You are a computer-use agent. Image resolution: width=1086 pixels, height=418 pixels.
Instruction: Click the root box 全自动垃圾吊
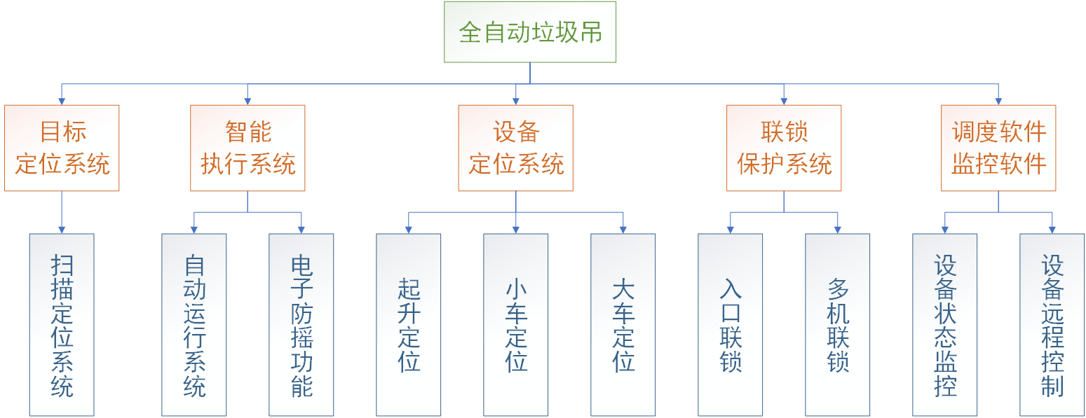point(529,32)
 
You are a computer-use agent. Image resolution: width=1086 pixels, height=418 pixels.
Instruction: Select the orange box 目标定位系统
point(62,148)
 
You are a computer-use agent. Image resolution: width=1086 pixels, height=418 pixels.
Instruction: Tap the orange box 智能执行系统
point(247,148)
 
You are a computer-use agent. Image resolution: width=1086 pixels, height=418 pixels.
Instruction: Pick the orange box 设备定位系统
point(515,148)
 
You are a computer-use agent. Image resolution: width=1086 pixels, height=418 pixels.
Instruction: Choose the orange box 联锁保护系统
point(784,148)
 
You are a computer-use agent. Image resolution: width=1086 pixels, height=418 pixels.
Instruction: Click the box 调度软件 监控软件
point(998,148)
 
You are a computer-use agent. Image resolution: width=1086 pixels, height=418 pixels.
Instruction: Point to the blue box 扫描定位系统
point(62,325)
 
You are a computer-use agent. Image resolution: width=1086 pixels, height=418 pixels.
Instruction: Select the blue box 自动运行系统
point(194,325)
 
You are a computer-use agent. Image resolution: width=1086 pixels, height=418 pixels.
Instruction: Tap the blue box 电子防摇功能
point(301,325)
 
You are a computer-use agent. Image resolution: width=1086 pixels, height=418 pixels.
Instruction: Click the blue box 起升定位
point(409,325)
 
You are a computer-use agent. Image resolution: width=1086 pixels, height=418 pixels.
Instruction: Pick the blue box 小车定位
point(516,325)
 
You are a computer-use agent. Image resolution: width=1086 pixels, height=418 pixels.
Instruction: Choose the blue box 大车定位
point(623,325)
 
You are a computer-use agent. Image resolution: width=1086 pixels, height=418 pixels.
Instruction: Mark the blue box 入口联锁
point(731,325)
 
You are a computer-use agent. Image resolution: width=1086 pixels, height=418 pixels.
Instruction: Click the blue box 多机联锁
point(838,325)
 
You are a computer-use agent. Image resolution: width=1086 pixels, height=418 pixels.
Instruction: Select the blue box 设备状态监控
point(945,325)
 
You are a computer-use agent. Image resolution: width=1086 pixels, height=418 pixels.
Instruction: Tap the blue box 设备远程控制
point(1052,325)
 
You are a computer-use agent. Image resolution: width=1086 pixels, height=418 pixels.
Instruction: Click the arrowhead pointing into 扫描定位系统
point(62,229)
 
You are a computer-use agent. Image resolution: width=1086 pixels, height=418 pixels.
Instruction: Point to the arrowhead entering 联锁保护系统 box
point(784,101)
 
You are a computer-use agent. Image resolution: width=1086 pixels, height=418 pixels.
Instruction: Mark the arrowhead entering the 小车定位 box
point(516,229)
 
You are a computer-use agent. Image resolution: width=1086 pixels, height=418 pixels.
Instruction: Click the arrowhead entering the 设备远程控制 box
point(1052,229)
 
